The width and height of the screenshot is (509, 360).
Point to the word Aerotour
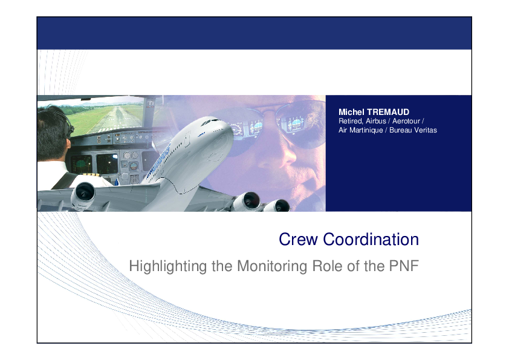(406, 121)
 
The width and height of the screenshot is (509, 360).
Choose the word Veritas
(425, 130)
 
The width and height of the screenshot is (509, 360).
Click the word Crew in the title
(298, 240)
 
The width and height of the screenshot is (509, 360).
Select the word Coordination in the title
(371, 240)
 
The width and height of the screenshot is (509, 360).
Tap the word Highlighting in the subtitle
(168, 266)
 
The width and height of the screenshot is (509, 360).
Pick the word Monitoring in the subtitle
(272, 266)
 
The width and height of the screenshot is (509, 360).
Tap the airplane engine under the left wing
(83, 194)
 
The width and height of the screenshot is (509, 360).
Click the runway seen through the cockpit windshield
(117, 119)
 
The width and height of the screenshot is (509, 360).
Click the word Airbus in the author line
(376, 121)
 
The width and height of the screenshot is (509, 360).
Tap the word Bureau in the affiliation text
(400, 130)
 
